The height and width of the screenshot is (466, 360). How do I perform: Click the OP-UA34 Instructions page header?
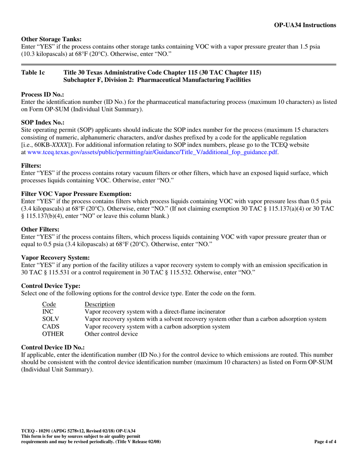(x=305, y=25)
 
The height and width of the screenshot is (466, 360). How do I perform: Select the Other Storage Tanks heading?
(x=51, y=39)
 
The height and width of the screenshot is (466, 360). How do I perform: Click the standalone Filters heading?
(x=31, y=166)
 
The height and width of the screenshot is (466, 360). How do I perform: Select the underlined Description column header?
(x=100, y=304)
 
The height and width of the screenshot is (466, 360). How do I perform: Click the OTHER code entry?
(x=53, y=334)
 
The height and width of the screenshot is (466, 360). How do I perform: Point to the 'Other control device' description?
(x=111, y=334)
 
